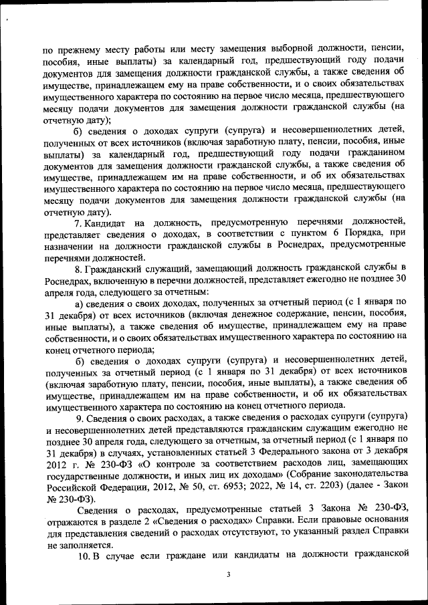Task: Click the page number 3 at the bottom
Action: pyautogui.click(x=228, y=574)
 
